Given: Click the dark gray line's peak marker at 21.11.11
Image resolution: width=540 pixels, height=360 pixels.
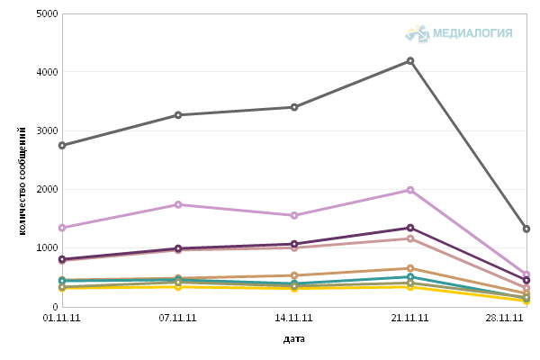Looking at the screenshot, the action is [410, 61].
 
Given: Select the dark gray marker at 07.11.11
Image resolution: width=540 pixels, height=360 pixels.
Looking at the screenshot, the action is [178, 115].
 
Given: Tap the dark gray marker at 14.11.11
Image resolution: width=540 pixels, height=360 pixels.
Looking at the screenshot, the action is [294, 107].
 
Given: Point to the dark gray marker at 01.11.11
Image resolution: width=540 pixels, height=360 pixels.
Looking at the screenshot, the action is [62, 146].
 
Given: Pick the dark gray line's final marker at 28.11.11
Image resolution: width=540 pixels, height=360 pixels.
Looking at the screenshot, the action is [526, 229].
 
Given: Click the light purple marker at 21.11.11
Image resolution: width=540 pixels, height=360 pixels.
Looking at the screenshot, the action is [410, 190].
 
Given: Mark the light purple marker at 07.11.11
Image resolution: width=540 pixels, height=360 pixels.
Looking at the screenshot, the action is [178, 204].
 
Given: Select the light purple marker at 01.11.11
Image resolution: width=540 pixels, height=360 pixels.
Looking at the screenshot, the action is [62, 228].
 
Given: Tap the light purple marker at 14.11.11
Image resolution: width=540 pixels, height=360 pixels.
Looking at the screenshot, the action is [294, 216].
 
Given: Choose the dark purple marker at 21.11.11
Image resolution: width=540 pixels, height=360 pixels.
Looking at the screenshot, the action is [410, 228].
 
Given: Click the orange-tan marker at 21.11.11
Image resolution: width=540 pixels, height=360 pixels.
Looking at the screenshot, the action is [410, 268].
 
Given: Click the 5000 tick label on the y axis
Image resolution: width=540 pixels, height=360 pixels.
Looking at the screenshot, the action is [47, 13].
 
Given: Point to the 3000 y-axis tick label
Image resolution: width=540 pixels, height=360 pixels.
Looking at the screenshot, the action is [47, 130].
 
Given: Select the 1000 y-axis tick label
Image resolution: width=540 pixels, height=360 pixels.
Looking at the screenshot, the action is [47, 248].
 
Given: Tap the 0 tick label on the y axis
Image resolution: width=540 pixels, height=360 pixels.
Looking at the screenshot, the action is [55, 307].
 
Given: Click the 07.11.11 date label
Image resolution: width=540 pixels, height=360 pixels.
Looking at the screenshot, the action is [177, 318].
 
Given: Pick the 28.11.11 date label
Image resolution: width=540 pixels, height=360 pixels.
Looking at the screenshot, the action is [504, 318].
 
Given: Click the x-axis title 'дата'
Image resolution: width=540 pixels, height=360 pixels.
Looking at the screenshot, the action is [293, 339].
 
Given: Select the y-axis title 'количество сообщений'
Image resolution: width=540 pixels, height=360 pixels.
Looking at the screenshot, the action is [22, 181].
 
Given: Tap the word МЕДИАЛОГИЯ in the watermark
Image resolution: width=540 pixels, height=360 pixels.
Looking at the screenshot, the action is [472, 33].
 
